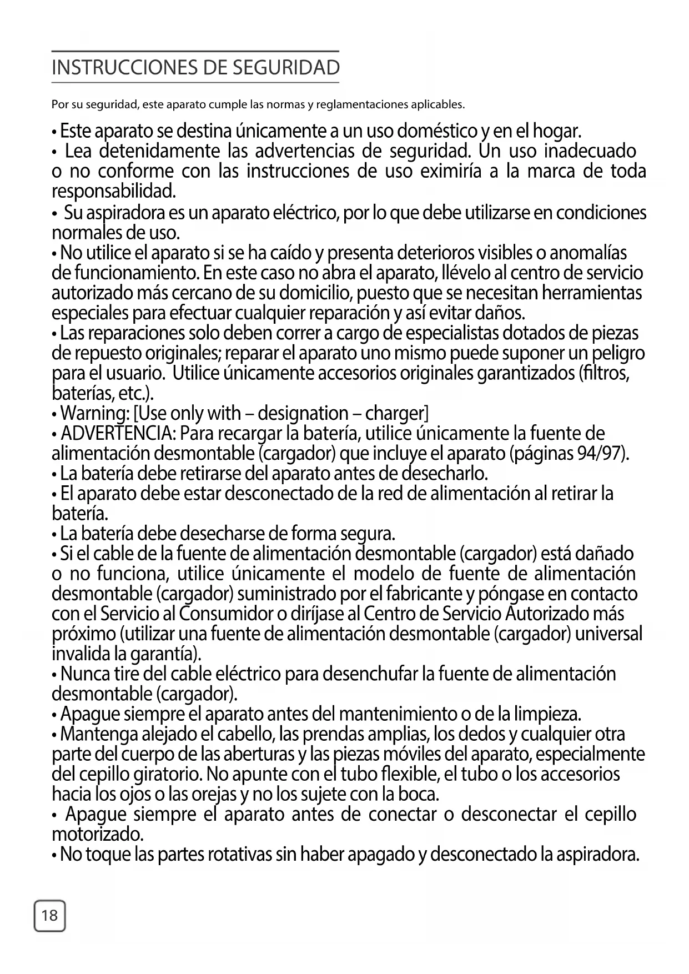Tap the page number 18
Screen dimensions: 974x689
[50, 915]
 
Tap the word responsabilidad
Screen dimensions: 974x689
[113, 192]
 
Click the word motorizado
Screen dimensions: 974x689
[97, 834]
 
